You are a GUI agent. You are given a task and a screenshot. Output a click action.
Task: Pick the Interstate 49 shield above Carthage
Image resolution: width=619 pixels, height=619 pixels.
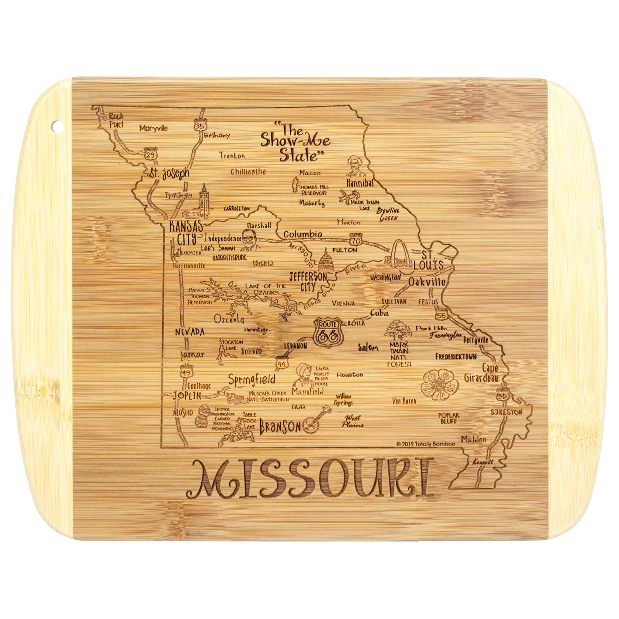[186, 372]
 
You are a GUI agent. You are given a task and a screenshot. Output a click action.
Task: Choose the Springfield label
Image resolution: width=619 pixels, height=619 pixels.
[252, 380]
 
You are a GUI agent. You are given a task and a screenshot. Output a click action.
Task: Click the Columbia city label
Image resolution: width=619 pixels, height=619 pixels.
[303, 234]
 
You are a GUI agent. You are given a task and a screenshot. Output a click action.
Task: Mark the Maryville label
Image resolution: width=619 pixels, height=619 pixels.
[154, 128]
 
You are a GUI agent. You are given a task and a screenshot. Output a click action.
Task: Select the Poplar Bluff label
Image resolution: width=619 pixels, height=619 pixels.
[448, 418]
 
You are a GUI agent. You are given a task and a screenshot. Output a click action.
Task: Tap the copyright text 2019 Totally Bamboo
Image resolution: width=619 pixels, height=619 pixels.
[426, 444]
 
